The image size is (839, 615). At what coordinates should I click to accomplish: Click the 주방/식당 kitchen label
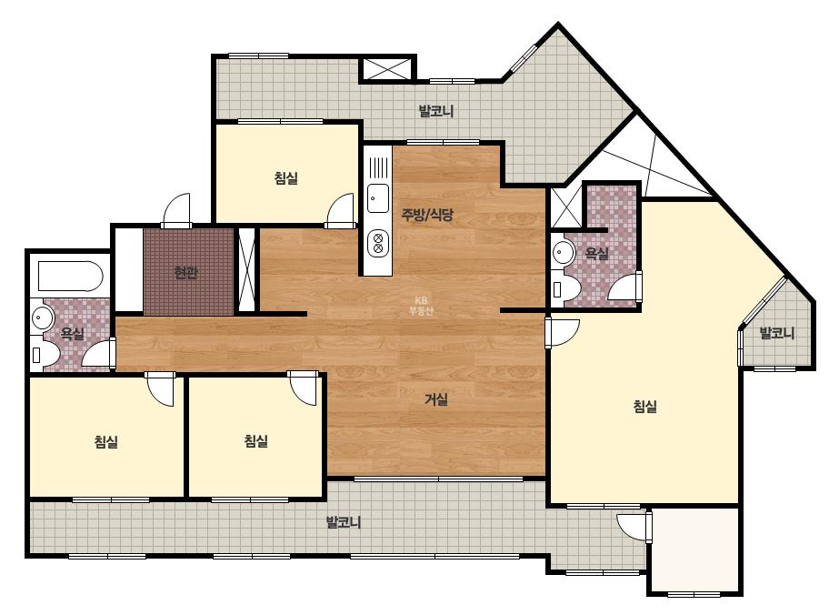[427, 216]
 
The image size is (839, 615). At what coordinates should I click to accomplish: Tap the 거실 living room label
[436, 399]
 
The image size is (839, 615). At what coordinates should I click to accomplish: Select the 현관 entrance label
[186, 273]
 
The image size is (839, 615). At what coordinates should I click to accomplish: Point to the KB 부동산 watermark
[420, 306]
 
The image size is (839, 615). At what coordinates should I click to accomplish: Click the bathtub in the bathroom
[70, 277]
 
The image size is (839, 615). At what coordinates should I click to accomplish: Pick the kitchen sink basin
[378, 197]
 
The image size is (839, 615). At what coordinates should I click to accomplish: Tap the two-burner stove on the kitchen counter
[378, 243]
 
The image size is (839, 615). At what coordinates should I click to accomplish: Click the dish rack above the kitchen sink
[378, 167]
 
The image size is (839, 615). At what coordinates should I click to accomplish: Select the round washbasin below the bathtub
[42, 318]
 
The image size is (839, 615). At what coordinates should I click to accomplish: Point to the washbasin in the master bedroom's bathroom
[563, 251]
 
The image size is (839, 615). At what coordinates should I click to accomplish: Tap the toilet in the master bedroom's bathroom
[566, 288]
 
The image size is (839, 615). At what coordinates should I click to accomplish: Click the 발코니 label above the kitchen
[436, 111]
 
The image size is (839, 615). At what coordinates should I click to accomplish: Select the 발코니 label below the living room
[344, 522]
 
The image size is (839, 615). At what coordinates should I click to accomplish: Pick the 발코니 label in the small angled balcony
[777, 333]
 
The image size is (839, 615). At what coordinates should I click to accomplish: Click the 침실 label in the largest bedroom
[644, 407]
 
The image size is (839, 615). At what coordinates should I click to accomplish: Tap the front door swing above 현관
[176, 210]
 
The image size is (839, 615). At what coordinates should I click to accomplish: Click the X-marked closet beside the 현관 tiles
[246, 269]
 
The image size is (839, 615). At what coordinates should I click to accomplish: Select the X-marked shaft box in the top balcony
[387, 68]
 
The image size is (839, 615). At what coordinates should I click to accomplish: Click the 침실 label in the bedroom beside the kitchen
[285, 177]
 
